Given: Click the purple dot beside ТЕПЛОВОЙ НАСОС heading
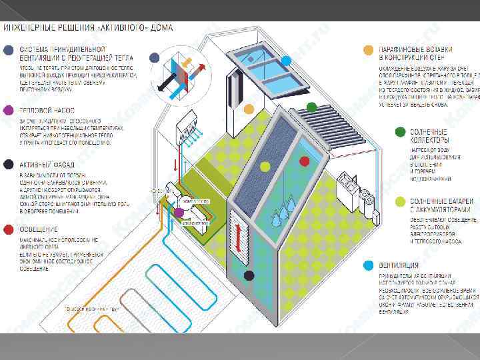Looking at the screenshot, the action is [8, 110].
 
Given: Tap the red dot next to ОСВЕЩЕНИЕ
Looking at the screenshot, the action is [8, 229].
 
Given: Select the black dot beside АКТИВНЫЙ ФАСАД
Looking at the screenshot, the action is [8, 163].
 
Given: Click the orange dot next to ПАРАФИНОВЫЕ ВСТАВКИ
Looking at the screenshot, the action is [368, 50].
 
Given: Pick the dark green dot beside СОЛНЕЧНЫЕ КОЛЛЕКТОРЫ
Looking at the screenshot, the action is [400, 132].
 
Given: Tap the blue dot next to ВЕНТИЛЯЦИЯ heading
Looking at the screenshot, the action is [368, 265].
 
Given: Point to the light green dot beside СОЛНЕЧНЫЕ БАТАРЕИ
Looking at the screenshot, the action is [400, 201].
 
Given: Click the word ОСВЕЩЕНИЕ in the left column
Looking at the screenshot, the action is [39, 229].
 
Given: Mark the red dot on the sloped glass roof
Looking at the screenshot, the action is [305, 161].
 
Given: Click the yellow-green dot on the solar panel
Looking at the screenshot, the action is [265, 166].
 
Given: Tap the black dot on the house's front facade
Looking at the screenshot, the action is [249, 275].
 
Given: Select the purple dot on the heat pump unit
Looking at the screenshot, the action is [178, 213].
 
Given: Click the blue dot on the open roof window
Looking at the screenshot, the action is [285, 61].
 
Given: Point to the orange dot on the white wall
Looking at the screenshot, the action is [249, 109].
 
